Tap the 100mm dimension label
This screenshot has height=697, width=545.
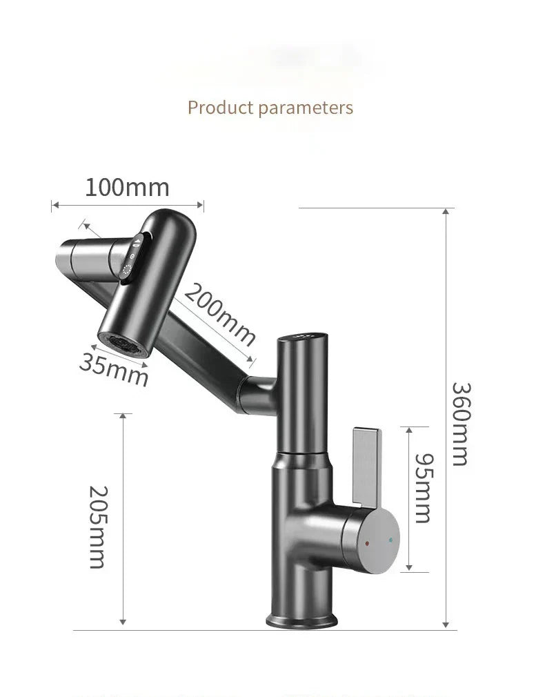coord(127,187)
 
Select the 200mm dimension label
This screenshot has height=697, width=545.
coord(219,314)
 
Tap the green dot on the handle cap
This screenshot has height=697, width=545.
coord(390,540)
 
